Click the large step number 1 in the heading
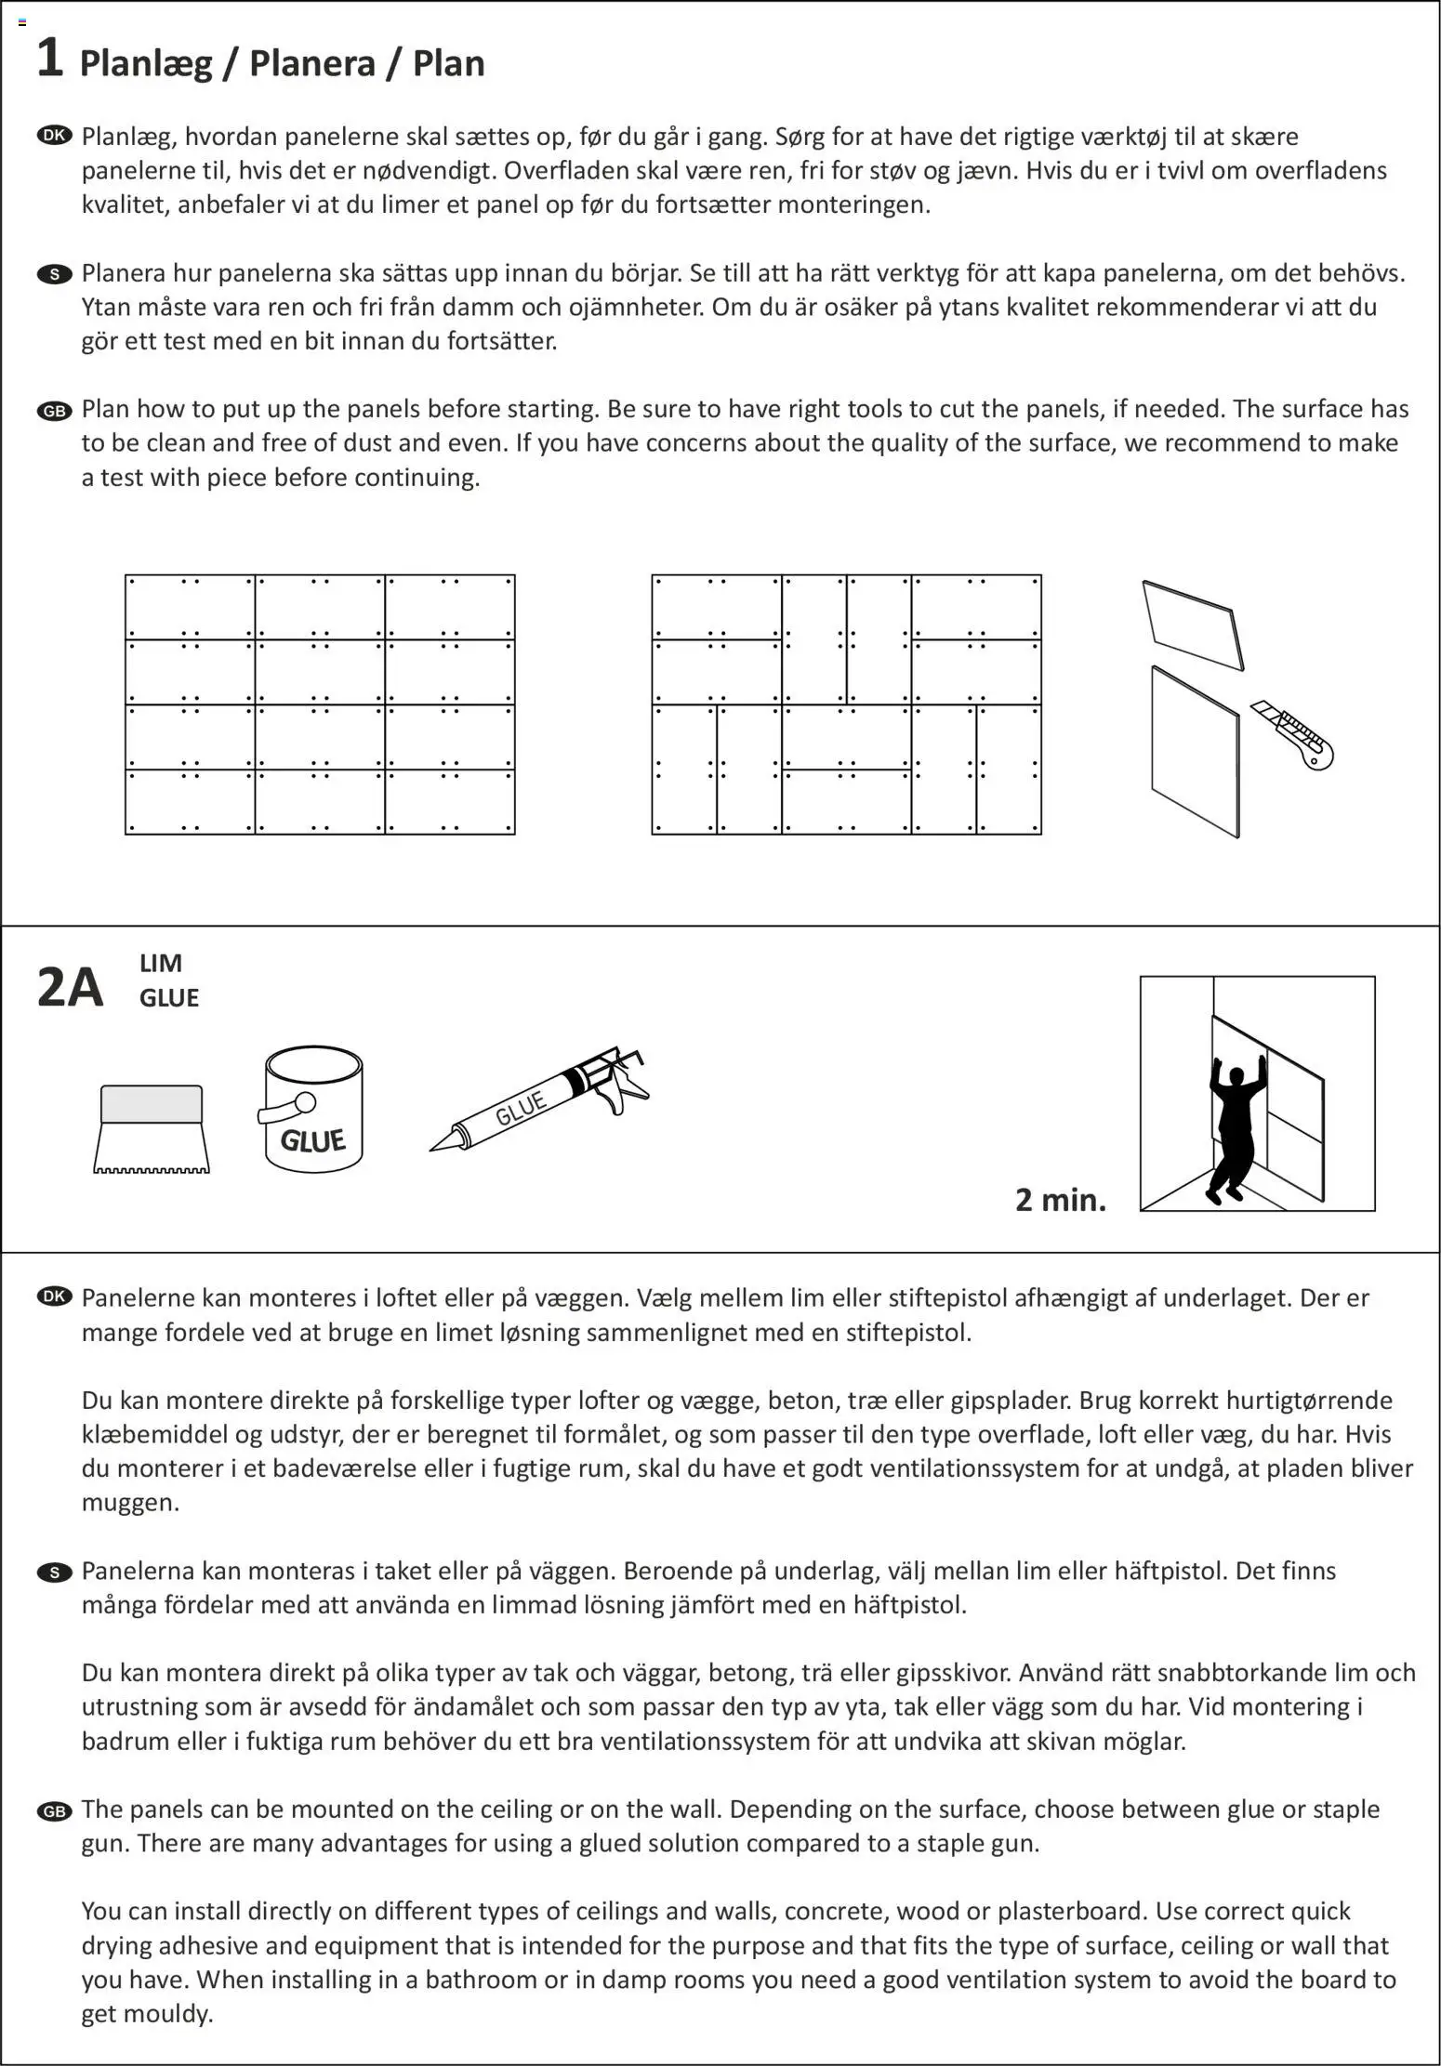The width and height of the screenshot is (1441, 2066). coord(49,59)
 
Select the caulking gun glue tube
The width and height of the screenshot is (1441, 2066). coord(539,1102)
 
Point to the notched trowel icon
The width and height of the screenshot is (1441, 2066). coord(152,1129)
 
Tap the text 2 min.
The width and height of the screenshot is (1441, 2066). coord(1061,1200)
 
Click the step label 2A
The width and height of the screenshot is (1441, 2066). coord(70,987)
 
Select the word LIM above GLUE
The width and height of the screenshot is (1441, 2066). coord(161,963)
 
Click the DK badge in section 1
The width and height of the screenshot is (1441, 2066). coord(55,136)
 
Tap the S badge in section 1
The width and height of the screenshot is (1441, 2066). coord(55,274)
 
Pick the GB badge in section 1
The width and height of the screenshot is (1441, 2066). coord(55,411)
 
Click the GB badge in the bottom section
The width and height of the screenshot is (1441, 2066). coord(55,1811)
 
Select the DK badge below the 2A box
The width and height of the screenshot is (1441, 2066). coord(55,1297)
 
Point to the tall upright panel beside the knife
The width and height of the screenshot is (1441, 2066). coord(1196,751)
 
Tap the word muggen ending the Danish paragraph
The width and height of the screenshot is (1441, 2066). coord(130,1503)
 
